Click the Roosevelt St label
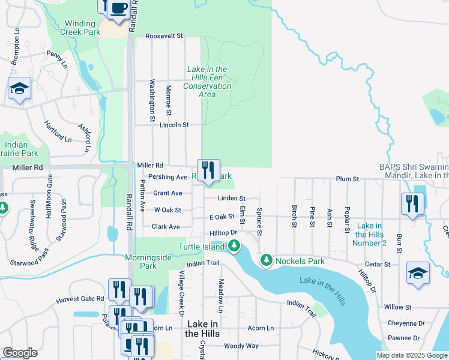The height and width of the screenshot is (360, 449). point(164,36)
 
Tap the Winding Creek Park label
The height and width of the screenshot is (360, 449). point(80,28)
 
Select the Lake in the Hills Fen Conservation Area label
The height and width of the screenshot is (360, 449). point(207,82)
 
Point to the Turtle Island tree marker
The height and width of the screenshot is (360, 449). point(235,246)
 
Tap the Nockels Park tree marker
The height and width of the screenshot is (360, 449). point(266,260)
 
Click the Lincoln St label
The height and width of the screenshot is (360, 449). point(174,125)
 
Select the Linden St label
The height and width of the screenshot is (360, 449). point(232,198)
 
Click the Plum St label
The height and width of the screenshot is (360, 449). point(347,179)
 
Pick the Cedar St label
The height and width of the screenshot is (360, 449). point(378,264)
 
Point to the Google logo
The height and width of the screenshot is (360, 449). point(20,353)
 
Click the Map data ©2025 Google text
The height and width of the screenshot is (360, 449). point(411,355)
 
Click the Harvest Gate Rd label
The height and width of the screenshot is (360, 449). point(80,298)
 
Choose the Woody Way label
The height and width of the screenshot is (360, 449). point(241,346)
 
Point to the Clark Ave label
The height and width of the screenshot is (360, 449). point(166,227)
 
